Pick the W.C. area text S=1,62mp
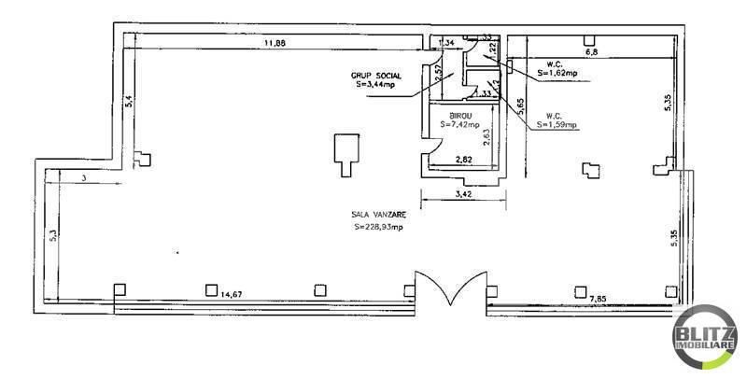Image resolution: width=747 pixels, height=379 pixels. (556, 72)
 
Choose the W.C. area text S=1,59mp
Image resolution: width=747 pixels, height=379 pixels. (557, 124)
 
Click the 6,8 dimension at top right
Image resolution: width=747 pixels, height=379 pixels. (590, 54)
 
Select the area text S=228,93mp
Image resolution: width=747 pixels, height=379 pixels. (379, 227)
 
